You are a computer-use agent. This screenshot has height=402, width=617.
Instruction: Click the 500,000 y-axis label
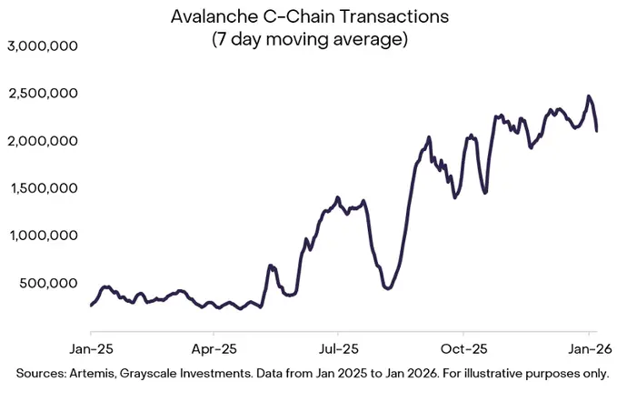click(49, 283)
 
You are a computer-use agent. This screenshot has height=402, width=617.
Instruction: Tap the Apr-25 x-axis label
click(214, 347)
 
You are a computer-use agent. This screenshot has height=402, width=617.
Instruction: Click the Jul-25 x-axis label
click(338, 347)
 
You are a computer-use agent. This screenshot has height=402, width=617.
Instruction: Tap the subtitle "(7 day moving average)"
click(308, 40)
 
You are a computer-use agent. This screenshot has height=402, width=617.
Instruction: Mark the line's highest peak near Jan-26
click(589, 95)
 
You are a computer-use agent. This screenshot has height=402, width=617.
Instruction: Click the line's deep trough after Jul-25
click(388, 288)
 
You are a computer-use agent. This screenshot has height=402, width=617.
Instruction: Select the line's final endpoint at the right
click(597, 131)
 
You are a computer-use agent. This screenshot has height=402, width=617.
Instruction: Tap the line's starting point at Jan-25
click(91, 306)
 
